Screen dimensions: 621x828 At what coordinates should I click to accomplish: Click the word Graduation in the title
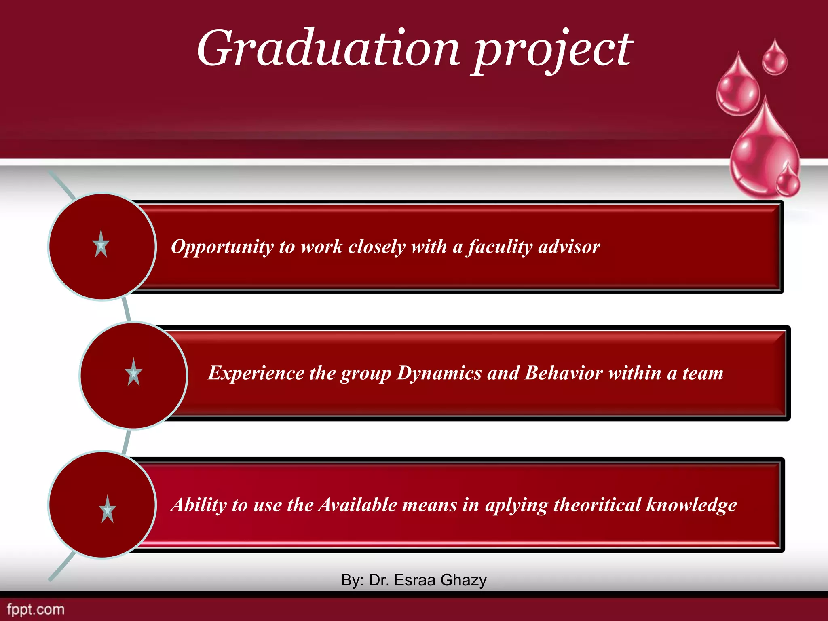328,49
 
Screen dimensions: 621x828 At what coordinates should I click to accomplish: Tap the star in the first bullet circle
101,244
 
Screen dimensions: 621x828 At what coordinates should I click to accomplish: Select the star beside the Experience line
133,372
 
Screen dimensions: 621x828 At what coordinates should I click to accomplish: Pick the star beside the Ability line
108,509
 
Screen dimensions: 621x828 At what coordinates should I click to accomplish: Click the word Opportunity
222,247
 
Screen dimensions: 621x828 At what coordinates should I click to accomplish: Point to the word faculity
500,247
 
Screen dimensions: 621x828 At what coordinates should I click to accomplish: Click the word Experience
256,373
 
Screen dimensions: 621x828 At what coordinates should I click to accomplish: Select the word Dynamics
439,373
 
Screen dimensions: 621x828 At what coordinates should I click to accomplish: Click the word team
703,373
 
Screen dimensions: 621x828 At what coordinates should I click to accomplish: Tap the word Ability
199,505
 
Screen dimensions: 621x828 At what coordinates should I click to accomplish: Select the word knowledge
691,505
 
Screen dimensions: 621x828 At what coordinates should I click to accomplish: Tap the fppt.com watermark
36,609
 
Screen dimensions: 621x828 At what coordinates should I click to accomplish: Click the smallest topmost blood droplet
775,58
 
